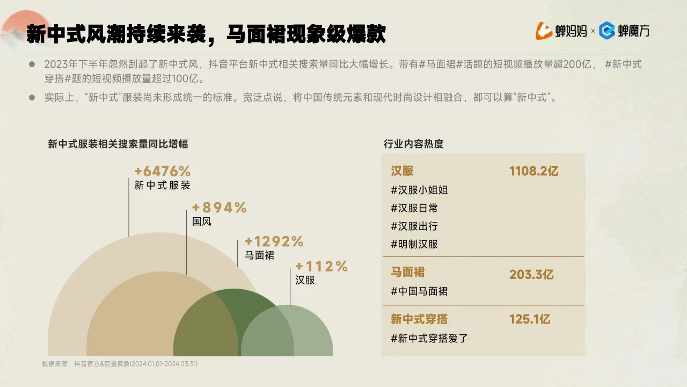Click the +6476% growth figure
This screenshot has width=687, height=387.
(163, 171)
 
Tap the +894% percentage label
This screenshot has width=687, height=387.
(219, 207)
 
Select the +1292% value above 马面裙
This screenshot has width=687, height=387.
(274, 242)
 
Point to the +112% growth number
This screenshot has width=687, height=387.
(321, 267)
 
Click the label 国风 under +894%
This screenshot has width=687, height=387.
(202, 221)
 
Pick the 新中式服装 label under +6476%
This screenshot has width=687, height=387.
(162, 185)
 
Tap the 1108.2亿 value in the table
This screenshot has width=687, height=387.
(534, 171)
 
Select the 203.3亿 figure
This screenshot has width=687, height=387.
(531, 275)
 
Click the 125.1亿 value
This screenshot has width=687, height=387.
(530, 319)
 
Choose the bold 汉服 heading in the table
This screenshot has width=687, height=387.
(402, 171)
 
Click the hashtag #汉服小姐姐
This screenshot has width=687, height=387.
(419, 190)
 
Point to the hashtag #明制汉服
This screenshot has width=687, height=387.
(414, 244)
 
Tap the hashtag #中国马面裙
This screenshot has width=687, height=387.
(419, 291)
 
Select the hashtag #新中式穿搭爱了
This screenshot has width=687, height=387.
(429, 338)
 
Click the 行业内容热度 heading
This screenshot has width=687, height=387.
(413, 144)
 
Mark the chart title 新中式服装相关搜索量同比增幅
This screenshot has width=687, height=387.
(118, 144)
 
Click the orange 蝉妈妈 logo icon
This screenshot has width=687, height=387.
(544, 31)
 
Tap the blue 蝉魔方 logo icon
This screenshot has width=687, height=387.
(607, 31)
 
